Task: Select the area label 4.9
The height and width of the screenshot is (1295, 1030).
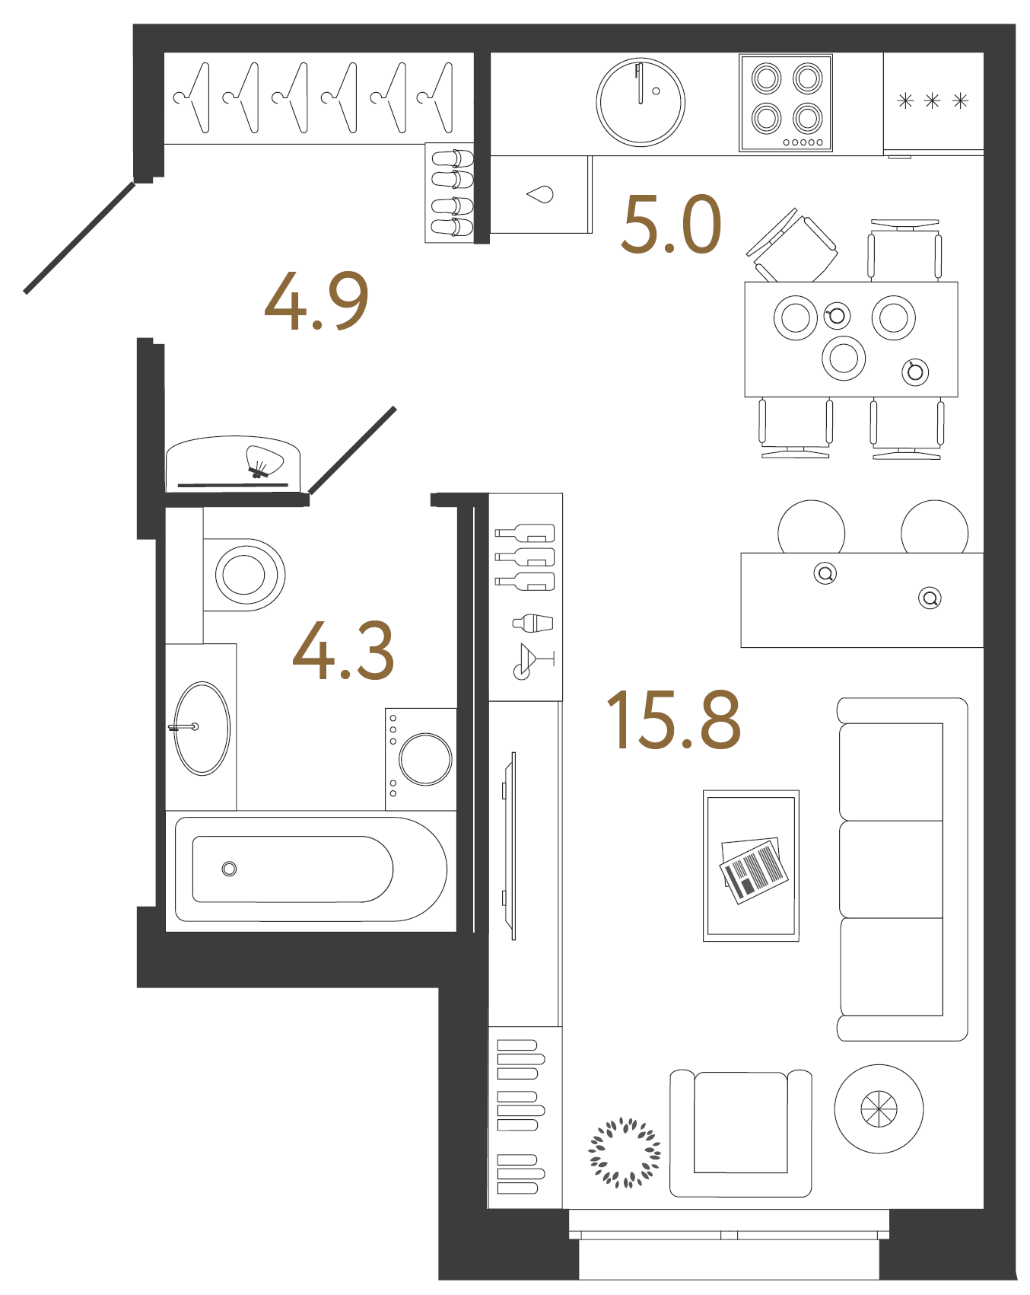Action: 316,301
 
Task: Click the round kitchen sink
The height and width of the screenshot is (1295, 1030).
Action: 641,102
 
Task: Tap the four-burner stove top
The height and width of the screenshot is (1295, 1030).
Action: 786,103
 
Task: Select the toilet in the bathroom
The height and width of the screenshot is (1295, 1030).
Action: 244,575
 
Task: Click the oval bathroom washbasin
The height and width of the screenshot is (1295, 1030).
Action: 202,728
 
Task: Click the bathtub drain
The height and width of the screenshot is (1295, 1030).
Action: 229,869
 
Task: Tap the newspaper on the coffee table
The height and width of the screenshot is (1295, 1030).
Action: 753,869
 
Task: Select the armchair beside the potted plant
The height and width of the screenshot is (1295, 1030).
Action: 740,1133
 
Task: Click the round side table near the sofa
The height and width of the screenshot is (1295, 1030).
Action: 879,1108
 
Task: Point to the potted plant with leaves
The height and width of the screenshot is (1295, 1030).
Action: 625,1153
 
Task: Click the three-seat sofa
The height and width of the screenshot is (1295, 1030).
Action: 901,869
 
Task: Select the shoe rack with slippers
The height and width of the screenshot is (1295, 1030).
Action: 451,193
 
